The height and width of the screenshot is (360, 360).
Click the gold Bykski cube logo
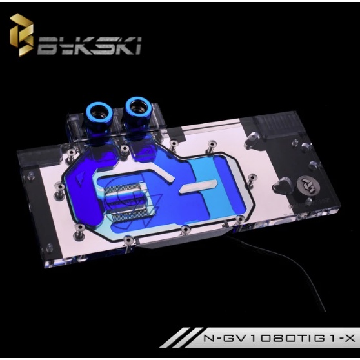coord(21,35)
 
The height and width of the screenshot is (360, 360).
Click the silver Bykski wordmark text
coord(89,45)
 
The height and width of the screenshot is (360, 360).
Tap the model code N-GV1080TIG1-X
coord(279,339)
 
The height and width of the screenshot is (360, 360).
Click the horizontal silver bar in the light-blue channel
coord(198,186)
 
